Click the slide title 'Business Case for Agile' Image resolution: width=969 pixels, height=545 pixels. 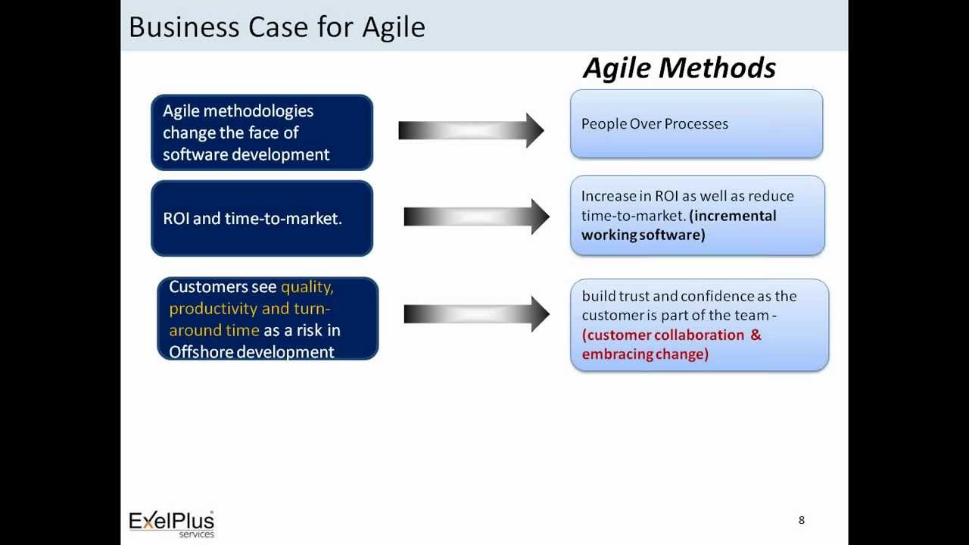pos(277,27)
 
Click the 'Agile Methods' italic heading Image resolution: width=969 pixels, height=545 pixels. pos(679,68)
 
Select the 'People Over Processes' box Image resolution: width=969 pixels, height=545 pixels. pos(696,124)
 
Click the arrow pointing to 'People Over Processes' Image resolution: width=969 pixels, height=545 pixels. pos(471,130)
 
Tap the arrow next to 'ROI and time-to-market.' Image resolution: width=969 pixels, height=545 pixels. pos(475,217)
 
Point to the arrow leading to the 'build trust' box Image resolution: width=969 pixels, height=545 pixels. pos(475,313)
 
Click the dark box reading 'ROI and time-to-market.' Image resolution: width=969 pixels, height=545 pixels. pos(262,219)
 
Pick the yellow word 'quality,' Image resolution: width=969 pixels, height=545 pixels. pos(307,287)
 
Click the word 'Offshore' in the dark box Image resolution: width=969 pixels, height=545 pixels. pos(201,352)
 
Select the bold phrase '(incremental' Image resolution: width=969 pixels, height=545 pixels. pos(734,216)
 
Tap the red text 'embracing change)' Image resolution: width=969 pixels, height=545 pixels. pos(645,354)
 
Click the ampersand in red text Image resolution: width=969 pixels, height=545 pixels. pos(755,335)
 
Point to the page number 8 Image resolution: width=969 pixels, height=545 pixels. pos(801,520)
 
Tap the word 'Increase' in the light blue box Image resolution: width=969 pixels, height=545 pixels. pos(609,196)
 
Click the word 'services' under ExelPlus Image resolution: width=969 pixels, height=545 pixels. pos(196,534)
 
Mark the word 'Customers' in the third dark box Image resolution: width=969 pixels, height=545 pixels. pos(207,287)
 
